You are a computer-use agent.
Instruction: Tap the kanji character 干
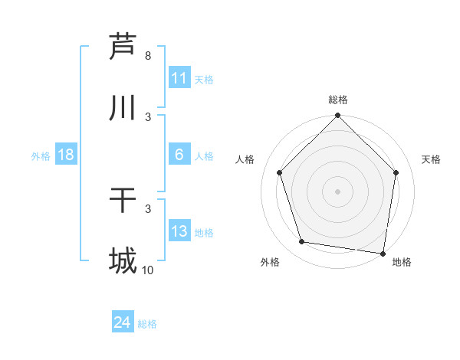[x=123, y=201]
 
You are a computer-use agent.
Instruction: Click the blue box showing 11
[x=179, y=78]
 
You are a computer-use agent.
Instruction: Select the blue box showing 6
[x=179, y=155]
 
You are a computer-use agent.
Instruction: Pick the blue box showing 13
[x=179, y=231]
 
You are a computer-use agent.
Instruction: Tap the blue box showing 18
[x=66, y=155]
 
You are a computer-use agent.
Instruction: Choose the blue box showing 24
[x=123, y=323]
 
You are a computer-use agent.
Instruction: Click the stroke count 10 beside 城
[x=147, y=270]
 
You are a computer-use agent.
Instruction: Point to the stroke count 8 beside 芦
[x=148, y=56]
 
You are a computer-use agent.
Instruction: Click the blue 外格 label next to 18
[x=41, y=155]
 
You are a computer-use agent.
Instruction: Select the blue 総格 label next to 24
[x=147, y=324]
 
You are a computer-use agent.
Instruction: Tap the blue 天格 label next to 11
[x=204, y=79]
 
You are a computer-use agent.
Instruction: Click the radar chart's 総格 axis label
[x=338, y=100]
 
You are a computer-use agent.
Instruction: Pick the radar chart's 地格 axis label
[x=402, y=262]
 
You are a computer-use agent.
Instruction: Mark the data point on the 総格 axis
[x=338, y=116]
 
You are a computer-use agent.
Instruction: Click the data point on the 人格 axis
[x=280, y=172]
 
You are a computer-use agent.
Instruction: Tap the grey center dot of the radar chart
[x=338, y=191]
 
